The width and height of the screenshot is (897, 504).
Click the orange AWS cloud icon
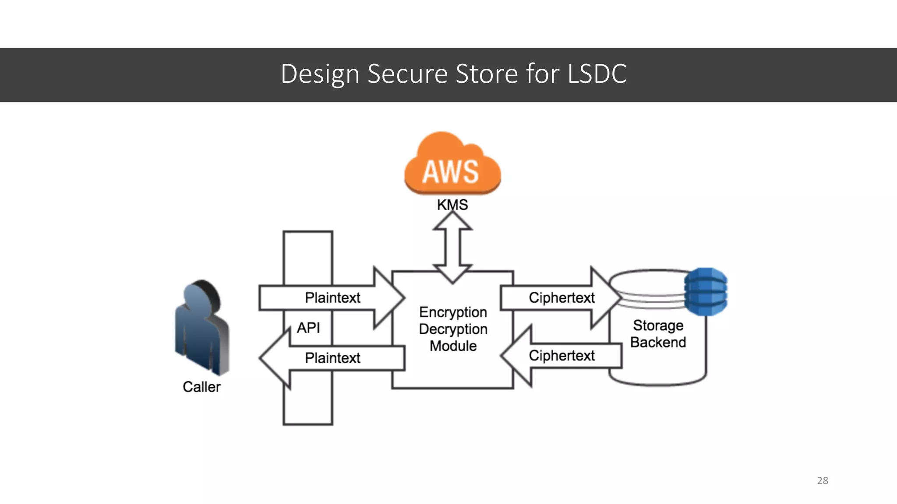pyautogui.click(x=452, y=164)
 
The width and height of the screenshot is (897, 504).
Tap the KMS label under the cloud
pyautogui.click(x=452, y=205)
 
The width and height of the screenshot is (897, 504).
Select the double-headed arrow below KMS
pyautogui.click(x=452, y=247)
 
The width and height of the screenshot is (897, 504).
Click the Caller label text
pyautogui.click(x=201, y=387)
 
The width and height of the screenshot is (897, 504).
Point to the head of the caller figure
pyautogui.click(x=201, y=297)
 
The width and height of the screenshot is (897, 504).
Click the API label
pyautogui.click(x=308, y=328)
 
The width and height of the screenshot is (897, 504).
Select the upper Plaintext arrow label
pyautogui.click(x=332, y=298)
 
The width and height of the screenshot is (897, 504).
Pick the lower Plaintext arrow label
pyautogui.click(x=332, y=358)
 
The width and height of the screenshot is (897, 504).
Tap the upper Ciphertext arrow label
pyautogui.click(x=562, y=298)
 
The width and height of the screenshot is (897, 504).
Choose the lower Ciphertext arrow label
pyautogui.click(x=562, y=356)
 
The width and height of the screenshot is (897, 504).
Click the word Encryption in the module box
pyautogui.click(x=453, y=312)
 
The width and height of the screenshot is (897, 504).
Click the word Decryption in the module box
pyautogui.click(x=453, y=329)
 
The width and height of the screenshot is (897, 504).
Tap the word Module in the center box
pyautogui.click(x=453, y=346)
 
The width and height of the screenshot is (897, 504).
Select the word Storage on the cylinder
pyautogui.click(x=658, y=325)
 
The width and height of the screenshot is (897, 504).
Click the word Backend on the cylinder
pyautogui.click(x=658, y=342)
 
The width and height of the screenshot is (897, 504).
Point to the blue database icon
pyautogui.click(x=706, y=292)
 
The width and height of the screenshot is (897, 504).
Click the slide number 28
pyautogui.click(x=823, y=480)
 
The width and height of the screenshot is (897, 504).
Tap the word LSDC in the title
pyautogui.click(x=597, y=73)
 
